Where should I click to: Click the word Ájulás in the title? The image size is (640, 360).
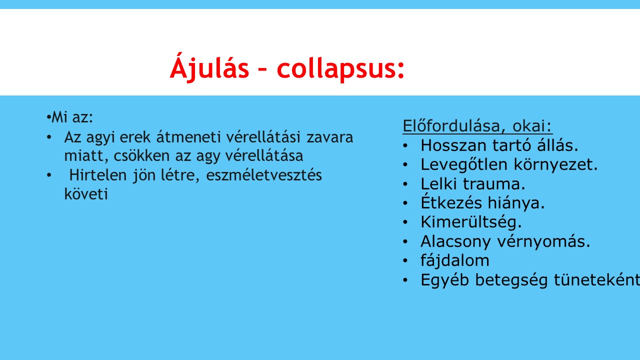pyautogui.click(x=209, y=67)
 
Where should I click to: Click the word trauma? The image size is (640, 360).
pyautogui.click(x=494, y=184)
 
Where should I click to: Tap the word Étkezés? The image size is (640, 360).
pyautogui.click(x=451, y=202)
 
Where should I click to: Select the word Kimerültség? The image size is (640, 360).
pyautogui.click(x=471, y=222)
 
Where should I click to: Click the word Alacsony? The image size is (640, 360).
pyautogui.click(x=455, y=241)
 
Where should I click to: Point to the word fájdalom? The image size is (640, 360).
pyautogui.click(x=455, y=260)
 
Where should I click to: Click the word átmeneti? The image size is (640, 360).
pyautogui.click(x=188, y=137)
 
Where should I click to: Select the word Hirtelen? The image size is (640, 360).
pyautogui.click(x=98, y=175)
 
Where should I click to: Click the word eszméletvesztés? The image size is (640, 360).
pyautogui.click(x=264, y=175)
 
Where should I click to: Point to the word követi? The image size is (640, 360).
pyautogui.click(x=86, y=194)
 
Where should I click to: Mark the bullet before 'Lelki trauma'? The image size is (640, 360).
pyautogui.click(x=405, y=184)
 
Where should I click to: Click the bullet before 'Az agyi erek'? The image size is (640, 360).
pyautogui.click(x=49, y=137)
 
